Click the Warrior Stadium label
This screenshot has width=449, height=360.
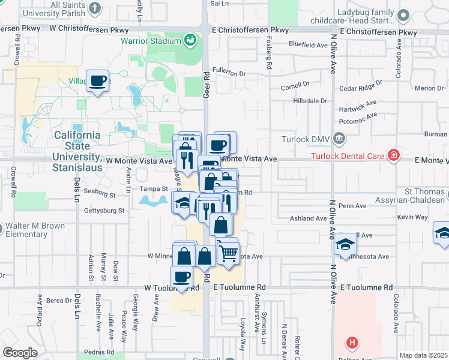(151, 41)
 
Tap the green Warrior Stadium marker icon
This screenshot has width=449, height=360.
(190, 40)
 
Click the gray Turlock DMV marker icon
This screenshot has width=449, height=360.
(339, 140)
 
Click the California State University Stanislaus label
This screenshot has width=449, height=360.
(77, 151)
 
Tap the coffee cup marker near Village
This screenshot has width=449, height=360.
(97, 80)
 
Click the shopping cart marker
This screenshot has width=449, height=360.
(227, 253)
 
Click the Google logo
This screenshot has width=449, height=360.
(20, 352)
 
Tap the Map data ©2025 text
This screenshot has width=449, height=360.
(423, 355)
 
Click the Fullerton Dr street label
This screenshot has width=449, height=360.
(229, 74)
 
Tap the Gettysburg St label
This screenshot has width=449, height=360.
(103, 211)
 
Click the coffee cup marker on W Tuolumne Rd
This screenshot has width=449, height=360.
(181, 277)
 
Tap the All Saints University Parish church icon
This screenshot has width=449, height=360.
(95, 8)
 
